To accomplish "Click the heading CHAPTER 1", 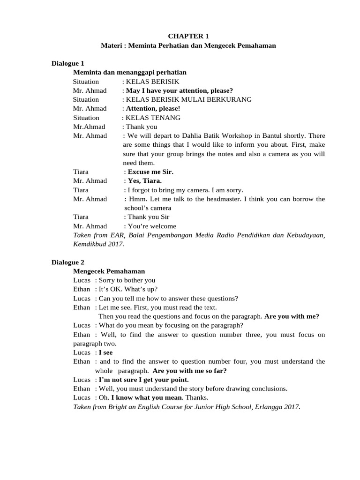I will tap(188, 36).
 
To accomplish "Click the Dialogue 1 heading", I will tap(67, 63).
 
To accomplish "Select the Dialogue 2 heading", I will tap(67, 262).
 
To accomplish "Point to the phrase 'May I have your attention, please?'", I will tap(180, 90).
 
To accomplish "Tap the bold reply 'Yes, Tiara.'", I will tap(145, 181).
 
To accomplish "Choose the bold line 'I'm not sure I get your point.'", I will tap(143, 379).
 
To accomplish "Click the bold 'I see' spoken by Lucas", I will tap(105, 352).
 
